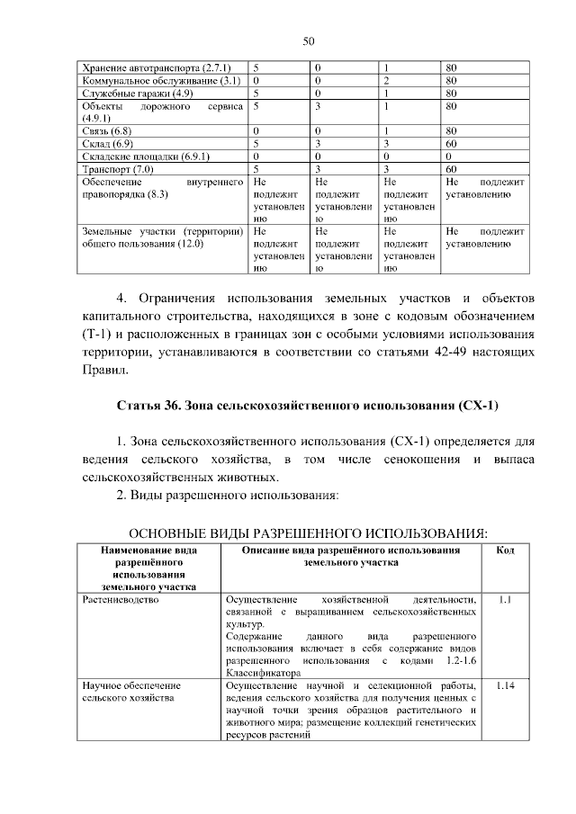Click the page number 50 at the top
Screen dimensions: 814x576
(308, 41)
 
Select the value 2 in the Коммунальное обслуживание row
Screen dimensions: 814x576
(386, 80)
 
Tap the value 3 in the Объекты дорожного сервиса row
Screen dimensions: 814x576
(318, 105)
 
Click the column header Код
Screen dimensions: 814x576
(505, 550)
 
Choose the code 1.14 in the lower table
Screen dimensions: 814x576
(505, 685)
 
